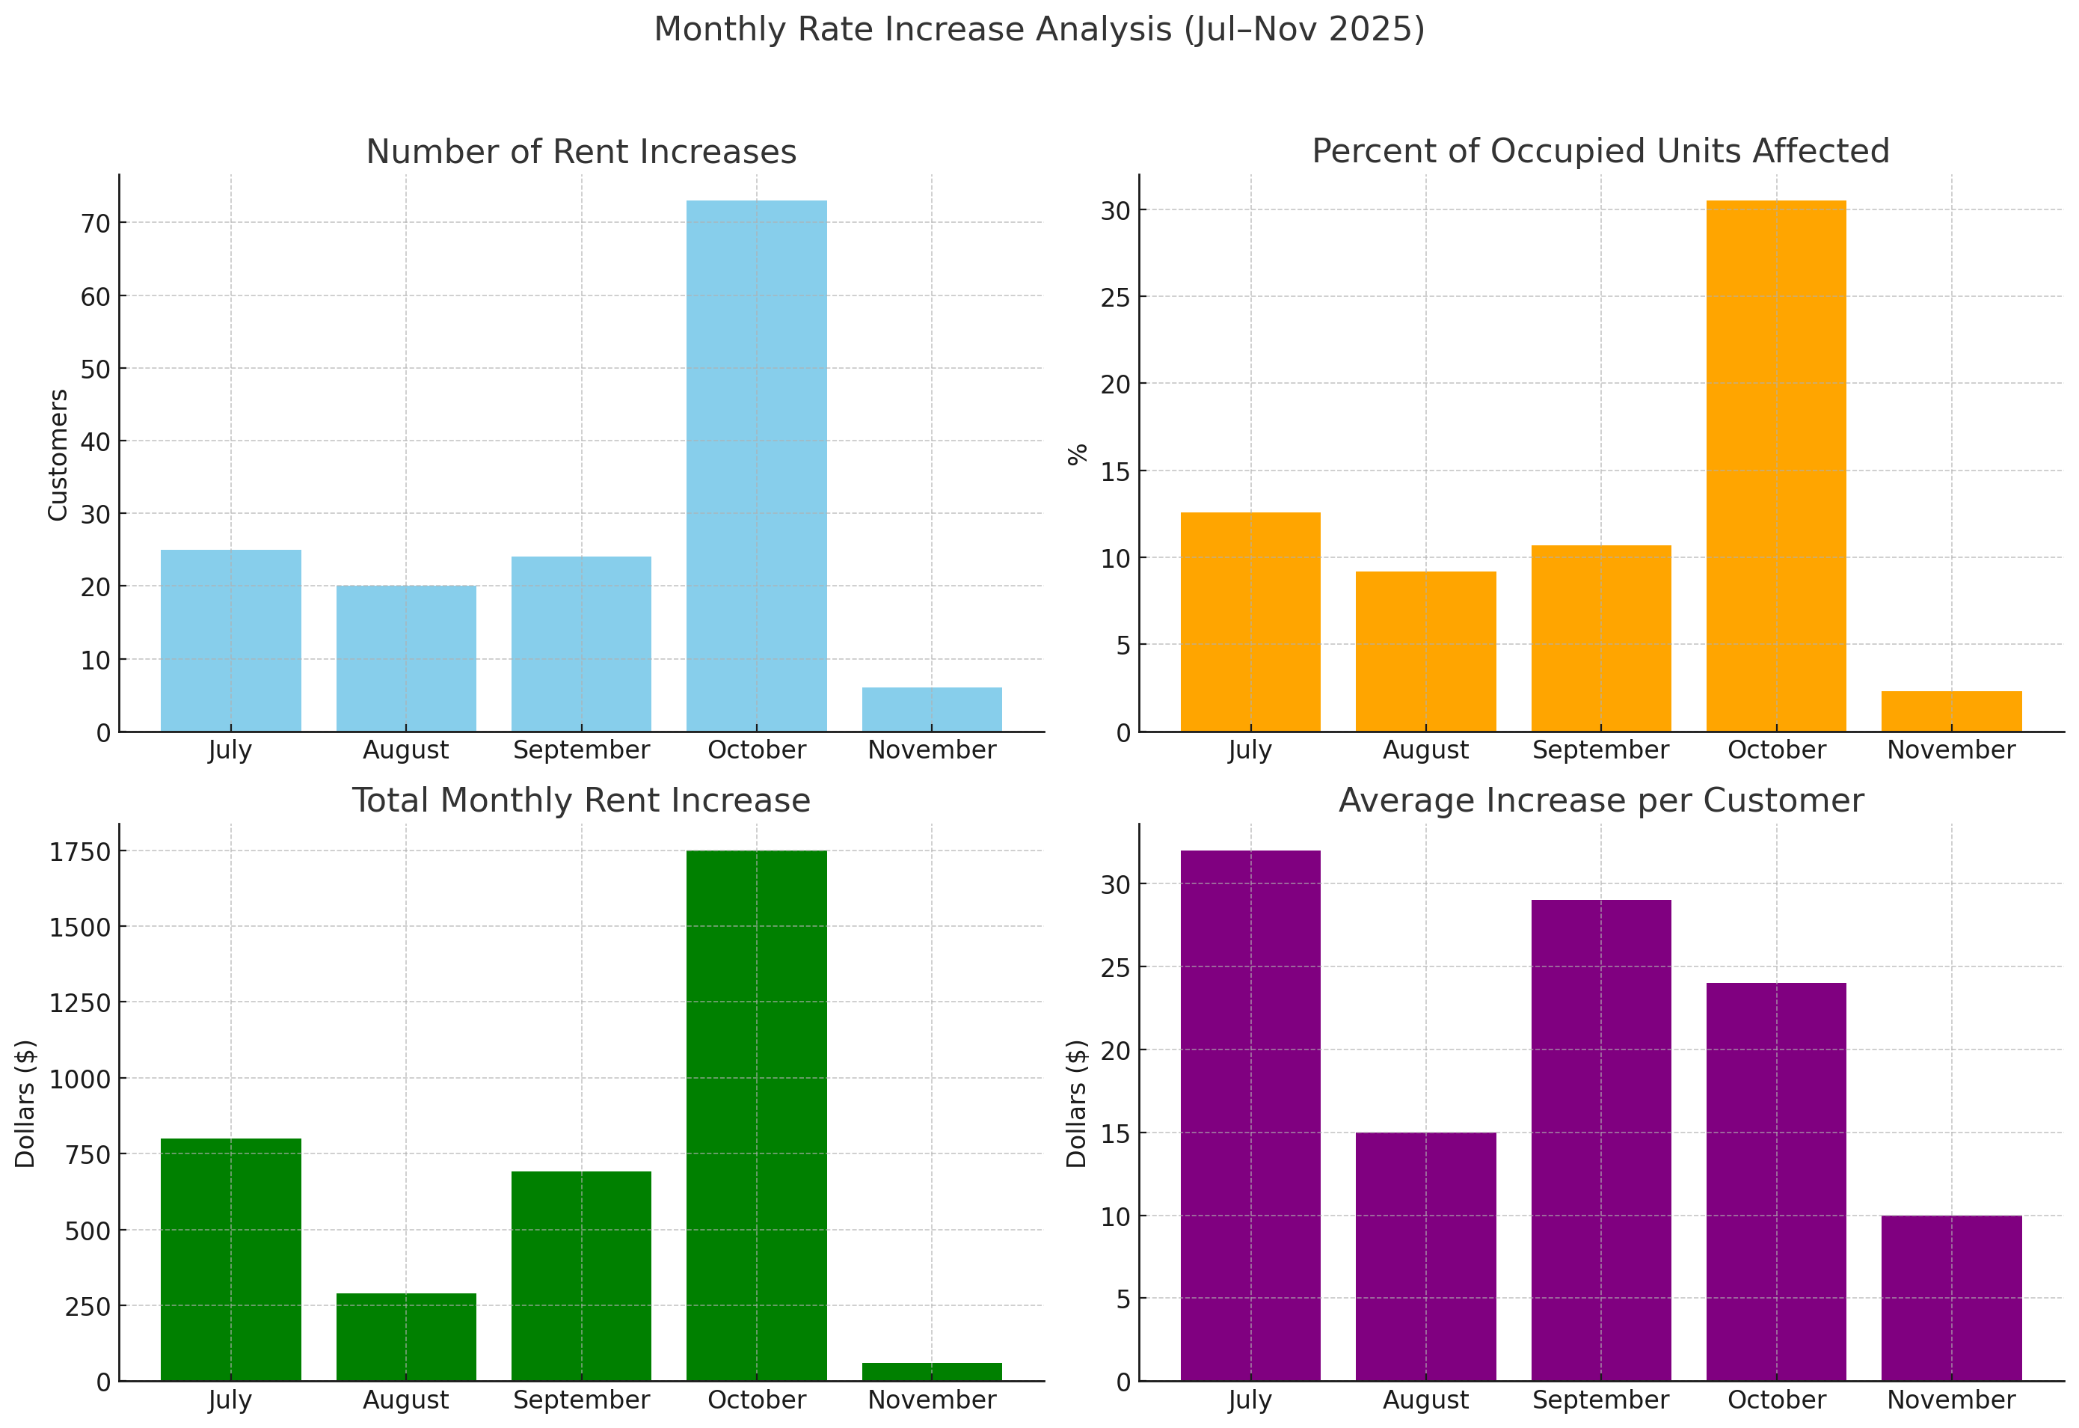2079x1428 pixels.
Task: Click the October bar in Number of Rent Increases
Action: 756,465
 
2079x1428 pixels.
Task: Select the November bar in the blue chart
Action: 931,710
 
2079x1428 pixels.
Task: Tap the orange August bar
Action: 1425,652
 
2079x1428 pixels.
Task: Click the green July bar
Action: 231,1259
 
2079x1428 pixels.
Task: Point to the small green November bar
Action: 931,1372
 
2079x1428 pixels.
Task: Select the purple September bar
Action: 1600,1140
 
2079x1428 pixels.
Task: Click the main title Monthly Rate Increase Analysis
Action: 1039,29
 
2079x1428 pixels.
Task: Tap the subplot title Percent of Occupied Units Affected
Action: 1600,151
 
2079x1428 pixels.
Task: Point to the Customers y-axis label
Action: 58,455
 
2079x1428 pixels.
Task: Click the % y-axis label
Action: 1078,455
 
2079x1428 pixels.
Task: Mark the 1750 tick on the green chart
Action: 82,852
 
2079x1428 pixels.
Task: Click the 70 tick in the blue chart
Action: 96,224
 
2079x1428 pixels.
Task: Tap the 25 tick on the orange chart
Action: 1116,297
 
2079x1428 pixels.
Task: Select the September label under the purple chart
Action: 1600,1400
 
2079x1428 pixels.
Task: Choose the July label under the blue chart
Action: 231,750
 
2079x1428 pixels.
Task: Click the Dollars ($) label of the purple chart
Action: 1077,1103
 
